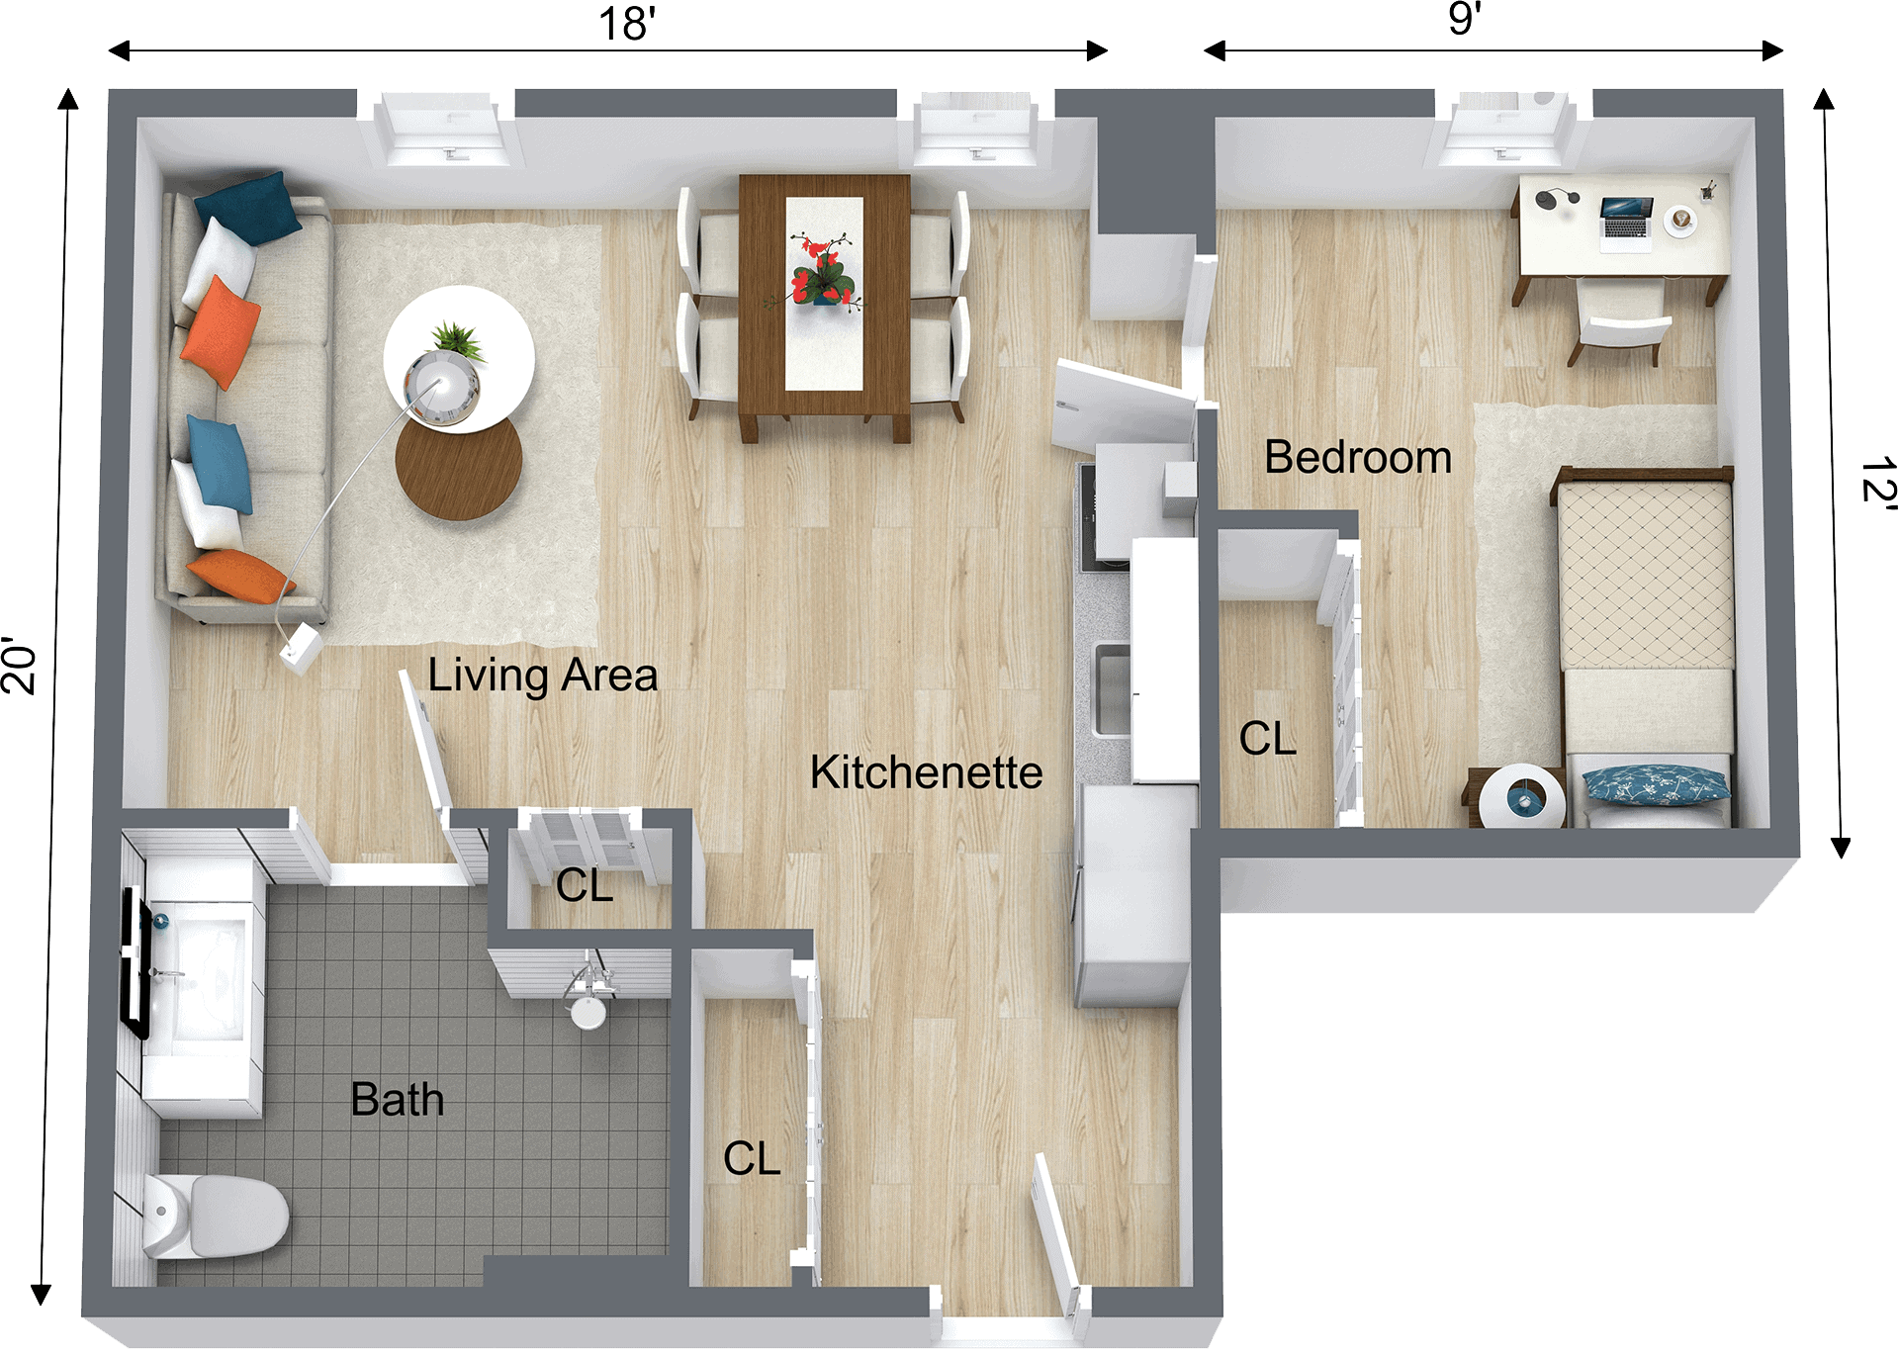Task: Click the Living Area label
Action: pos(542,677)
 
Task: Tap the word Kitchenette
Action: pos(926,772)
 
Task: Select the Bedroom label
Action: pos(1357,458)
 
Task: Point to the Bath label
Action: pos(397,1100)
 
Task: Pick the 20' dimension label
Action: pos(20,669)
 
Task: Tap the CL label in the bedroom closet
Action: pos(1267,739)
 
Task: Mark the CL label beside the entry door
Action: pos(752,1158)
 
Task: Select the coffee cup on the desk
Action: pos(1681,220)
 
